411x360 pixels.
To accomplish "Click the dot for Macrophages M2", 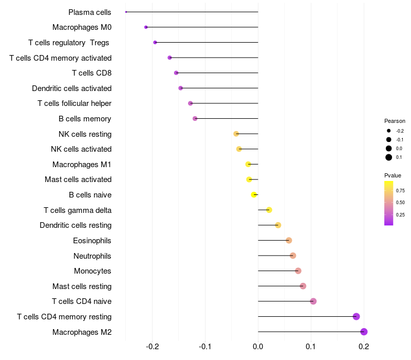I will pyautogui.click(x=364, y=332).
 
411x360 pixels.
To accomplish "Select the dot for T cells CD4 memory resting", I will pyautogui.click(x=357, y=317).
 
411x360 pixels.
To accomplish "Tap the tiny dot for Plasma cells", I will pyautogui.click(x=126, y=12).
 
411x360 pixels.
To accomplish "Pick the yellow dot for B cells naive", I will pyautogui.click(x=254, y=195).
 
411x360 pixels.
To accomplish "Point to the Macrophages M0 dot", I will pyautogui.click(x=146, y=27).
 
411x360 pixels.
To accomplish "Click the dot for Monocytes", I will pyautogui.click(x=298, y=271).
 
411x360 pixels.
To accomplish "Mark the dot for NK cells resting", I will pyautogui.click(x=236, y=134).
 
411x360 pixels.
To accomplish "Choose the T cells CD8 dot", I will pyautogui.click(x=176, y=73).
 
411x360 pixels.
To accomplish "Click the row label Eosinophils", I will pyautogui.click(x=92, y=241).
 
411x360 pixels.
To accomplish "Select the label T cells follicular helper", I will pyautogui.click(x=74, y=103).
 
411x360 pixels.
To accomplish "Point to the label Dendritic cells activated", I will pyautogui.click(x=71, y=88).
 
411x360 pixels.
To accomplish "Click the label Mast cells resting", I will pyautogui.click(x=82, y=286).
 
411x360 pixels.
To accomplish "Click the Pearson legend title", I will pyautogui.click(x=395, y=121).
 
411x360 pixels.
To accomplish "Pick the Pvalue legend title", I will pyautogui.click(x=393, y=175).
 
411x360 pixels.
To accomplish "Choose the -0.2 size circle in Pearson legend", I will pyautogui.click(x=389, y=131).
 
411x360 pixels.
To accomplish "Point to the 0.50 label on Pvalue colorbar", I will pyautogui.click(x=400, y=203).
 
